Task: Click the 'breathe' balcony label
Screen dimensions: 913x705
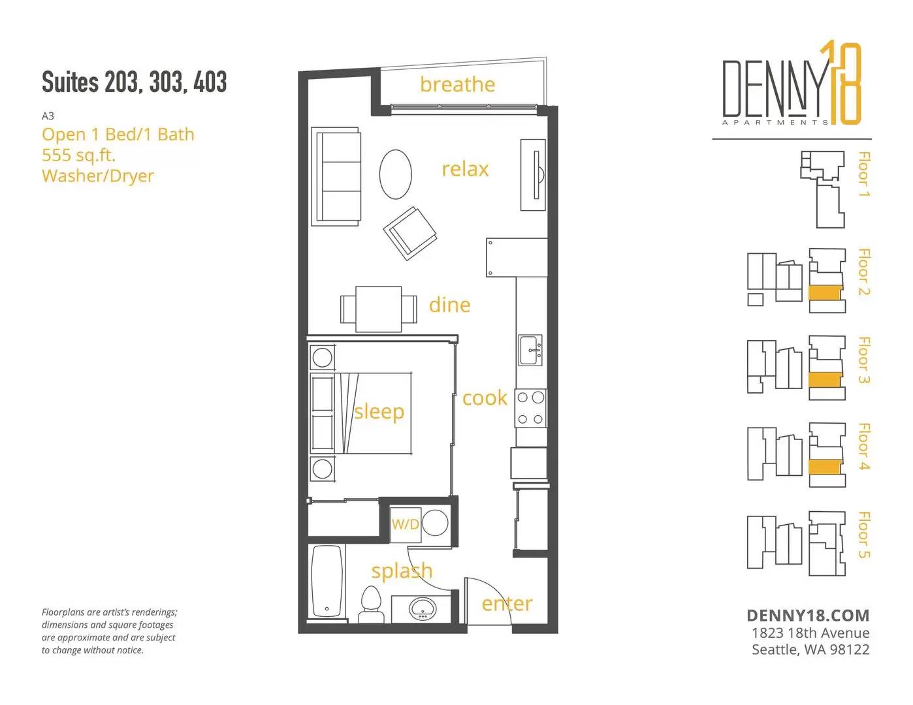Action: pyautogui.click(x=457, y=84)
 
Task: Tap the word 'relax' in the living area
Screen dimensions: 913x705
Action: pyautogui.click(x=465, y=169)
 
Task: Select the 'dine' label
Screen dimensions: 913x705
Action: pyautogui.click(x=449, y=305)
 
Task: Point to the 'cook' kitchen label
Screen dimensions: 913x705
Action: pyautogui.click(x=485, y=398)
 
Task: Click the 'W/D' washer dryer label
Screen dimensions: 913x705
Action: pyautogui.click(x=405, y=524)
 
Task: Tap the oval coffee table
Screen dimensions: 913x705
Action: pyautogui.click(x=395, y=174)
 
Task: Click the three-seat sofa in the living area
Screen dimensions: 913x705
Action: pyautogui.click(x=336, y=176)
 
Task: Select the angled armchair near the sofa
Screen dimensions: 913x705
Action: pyautogui.click(x=409, y=234)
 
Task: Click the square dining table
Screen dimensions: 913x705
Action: pyautogui.click(x=379, y=309)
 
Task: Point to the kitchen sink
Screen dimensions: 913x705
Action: pyautogui.click(x=530, y=350)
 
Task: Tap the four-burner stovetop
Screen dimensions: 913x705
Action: pyautogui.click(x=530, y=408)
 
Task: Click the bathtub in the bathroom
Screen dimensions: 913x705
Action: pyautogui.click(x=327, y=581)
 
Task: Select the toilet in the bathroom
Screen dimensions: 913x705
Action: pyautogui.click(x=370, y=604)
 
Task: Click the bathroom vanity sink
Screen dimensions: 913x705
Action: pyautogui.click(x=423, y=608)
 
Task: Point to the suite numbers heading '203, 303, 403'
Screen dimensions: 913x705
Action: pyautogui.click(x=165, y=82)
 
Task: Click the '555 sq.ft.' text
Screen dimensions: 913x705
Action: pyautogui.click(x=78, y=155)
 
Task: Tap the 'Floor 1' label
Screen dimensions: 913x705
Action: pyautogui.click(x=864, y=174)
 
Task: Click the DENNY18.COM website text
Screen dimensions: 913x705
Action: pyautogui.click(x=808, y=616)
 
